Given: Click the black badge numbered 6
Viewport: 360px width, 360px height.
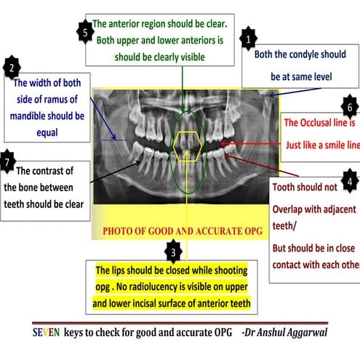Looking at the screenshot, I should pyautogui.click(x=350, y=107).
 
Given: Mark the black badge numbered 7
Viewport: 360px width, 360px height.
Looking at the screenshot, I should pyautogui.click(x=7, y=161).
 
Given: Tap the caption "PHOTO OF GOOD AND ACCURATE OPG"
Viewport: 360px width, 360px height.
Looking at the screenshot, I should pyautogui.click(x=185, y=232).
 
